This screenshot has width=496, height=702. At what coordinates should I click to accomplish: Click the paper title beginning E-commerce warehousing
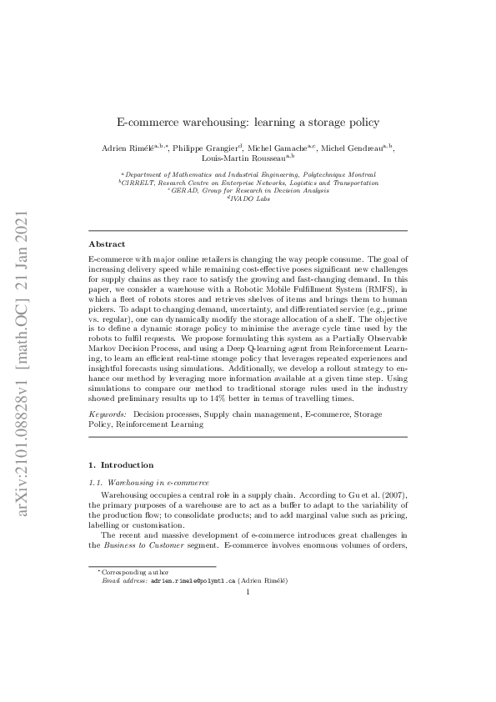(x=248, y=122)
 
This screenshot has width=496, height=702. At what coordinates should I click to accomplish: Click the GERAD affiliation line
(x=248, y=190)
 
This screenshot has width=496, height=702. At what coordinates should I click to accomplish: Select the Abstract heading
(x=107, y=244)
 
